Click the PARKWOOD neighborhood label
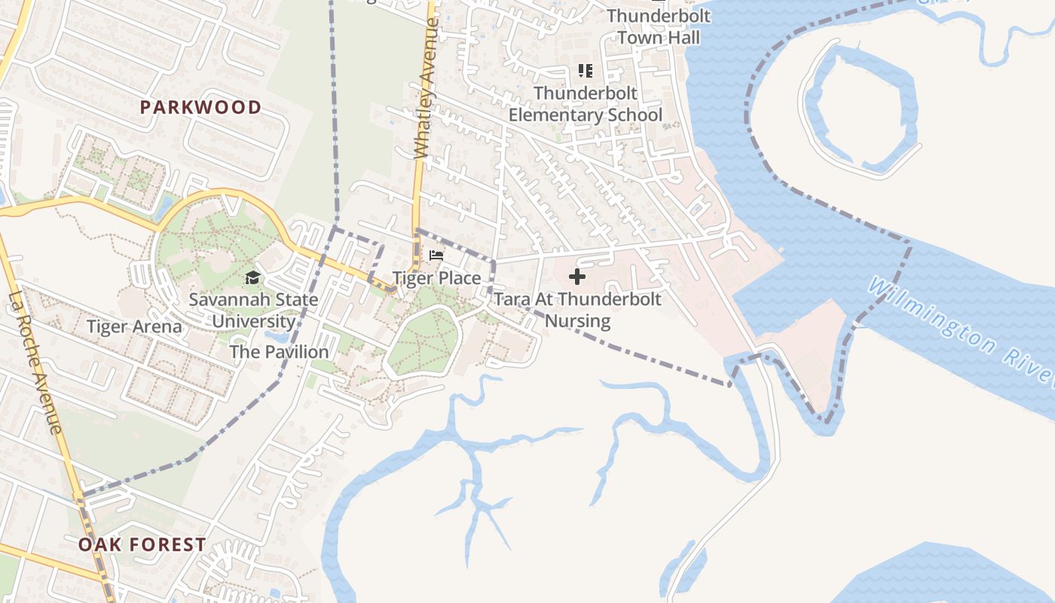(200, 107)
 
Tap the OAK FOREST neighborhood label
(142, 544)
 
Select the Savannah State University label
(253, 310)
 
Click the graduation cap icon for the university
(252, 277)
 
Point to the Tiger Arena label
(134, 327)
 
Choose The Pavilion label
(279, 352)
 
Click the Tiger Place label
(436, 278)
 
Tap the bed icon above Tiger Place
(436, 256)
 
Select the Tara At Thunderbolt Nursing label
(577, 310)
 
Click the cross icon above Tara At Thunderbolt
(577, 277)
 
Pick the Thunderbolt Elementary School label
(586, 104)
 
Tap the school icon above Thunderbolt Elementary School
(586, 71)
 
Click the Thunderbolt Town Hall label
(653, 26)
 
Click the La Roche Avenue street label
(34, 362)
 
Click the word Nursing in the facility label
(577, 321)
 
